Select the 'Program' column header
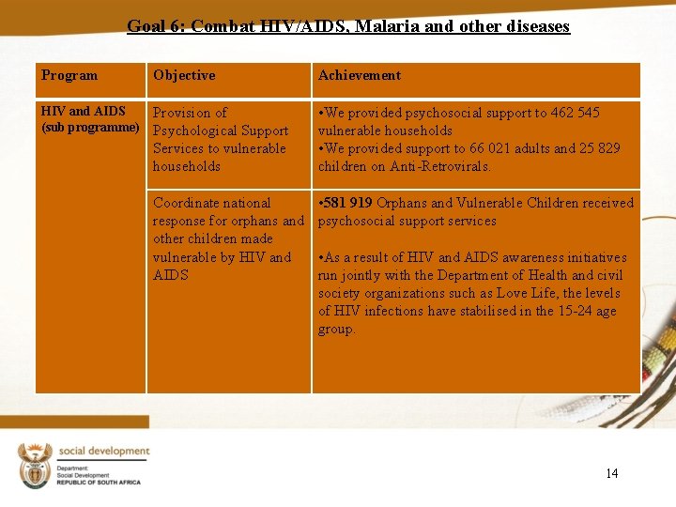(69, 75)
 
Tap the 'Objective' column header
(184, 75)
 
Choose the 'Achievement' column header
(360, 75)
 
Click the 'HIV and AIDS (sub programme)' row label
(90, 119)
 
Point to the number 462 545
(574, 113)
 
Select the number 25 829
(597, 148)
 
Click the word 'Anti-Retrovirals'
(441, 166)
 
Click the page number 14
(612, 473)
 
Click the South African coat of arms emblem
(35, 466)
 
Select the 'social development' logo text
(103, 451)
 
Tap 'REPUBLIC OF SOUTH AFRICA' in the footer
(99, 482)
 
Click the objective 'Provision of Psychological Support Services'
(220, 139)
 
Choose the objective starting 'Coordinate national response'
(228, 238)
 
